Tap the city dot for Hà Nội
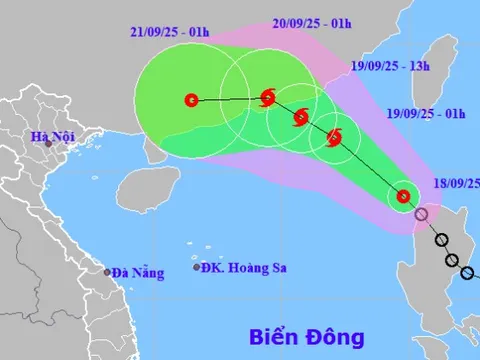tap(48, 145)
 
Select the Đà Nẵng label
tap(137, 271)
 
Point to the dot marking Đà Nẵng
tap(107, 271)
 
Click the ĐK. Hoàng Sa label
tap(240, 267)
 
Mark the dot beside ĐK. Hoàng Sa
tap(196, 267)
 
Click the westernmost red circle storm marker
tap(192, 99)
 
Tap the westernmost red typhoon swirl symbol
tap(267, 97)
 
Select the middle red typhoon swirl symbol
tap(300, 117)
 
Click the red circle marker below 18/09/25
tap(402, 196)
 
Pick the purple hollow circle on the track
tap(423, 213)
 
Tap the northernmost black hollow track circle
tap(441, 240)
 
